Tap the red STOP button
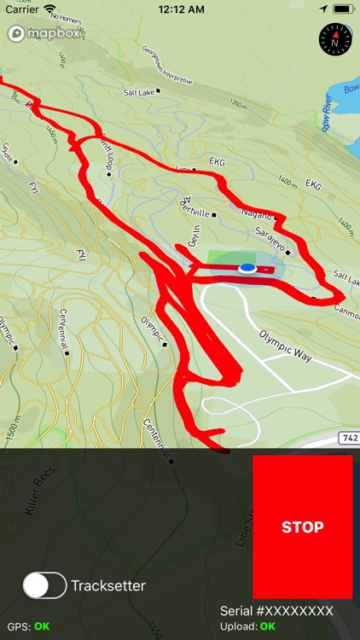click(302, 527)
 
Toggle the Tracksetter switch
click(44, 585)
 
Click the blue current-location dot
click(247, 268)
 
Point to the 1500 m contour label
click(10, 427)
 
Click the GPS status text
click(28, 626)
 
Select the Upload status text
click(247, 626)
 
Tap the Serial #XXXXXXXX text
click(276, 611)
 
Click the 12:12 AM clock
click(180, 9)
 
